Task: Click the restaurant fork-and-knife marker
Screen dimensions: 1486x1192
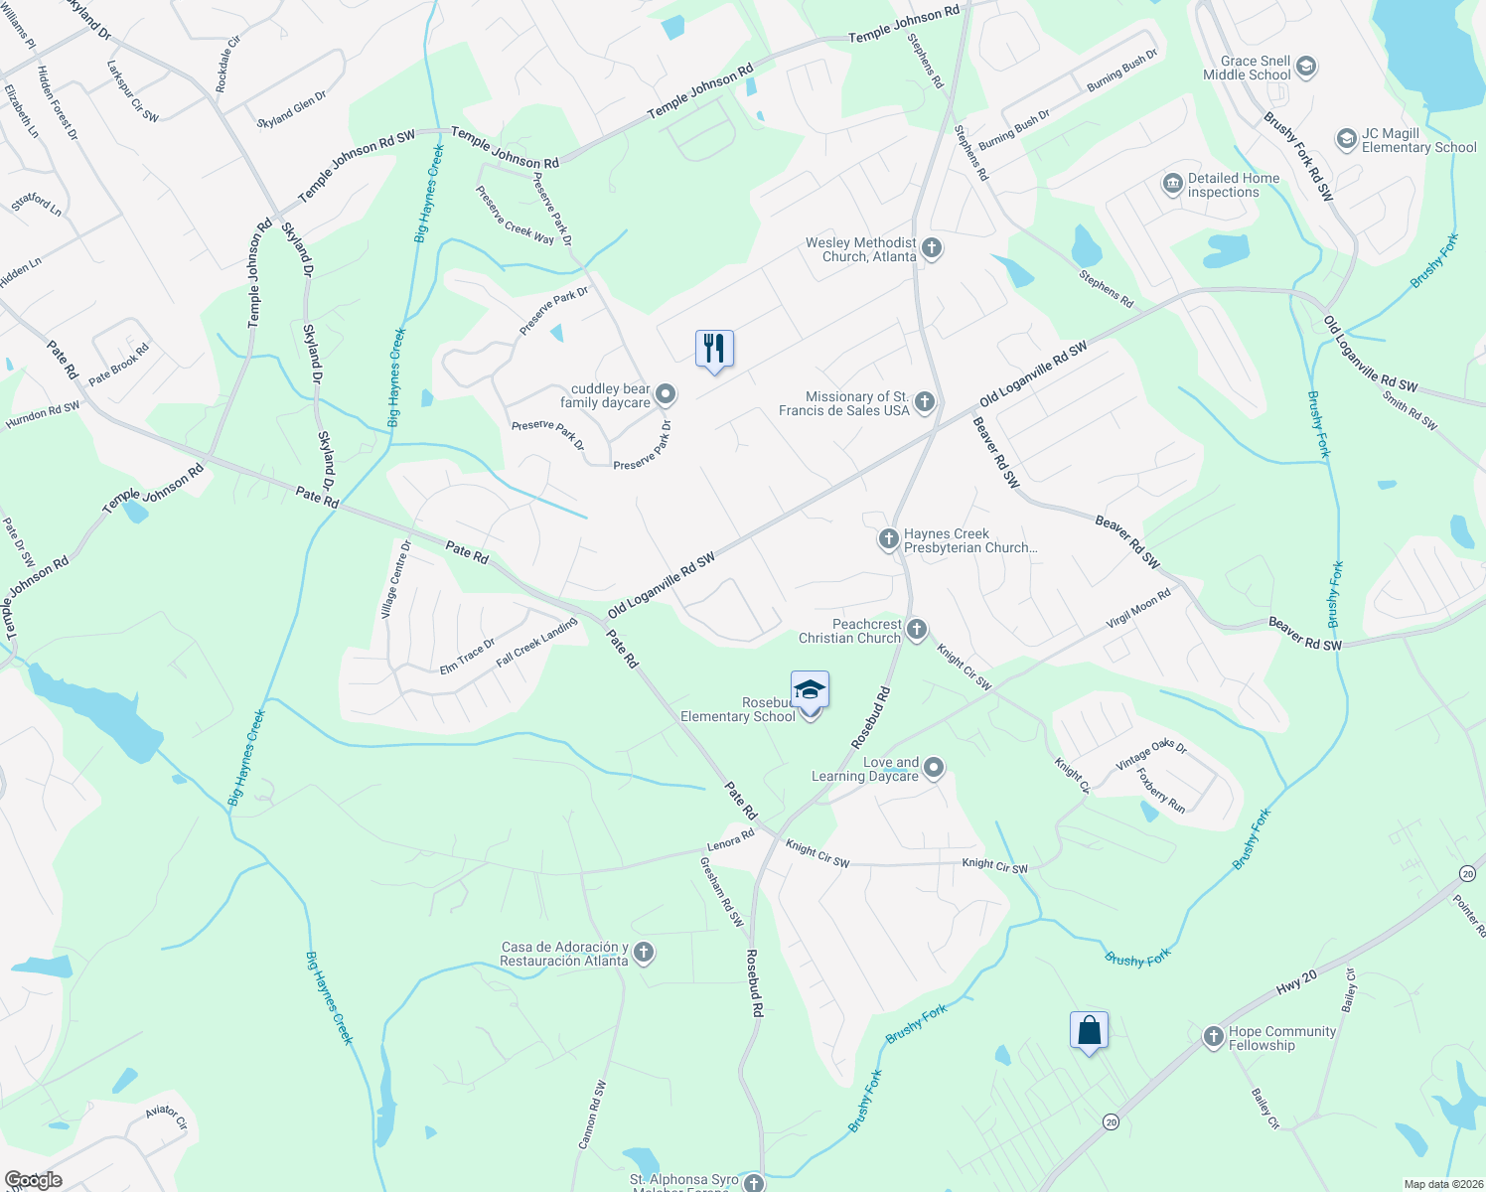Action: tap(714, 349)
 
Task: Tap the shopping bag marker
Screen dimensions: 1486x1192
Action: tap(1089, 1030)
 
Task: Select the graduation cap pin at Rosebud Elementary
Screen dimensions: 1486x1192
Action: tap(810, 689)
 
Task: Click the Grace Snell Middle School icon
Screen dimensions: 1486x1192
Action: tap(1306, 68)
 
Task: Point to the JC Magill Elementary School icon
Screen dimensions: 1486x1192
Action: tap(1346, 139)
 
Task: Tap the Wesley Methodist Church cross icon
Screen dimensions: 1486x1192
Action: tap(931, 248)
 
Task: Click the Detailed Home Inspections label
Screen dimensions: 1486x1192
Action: tap(1234, 185)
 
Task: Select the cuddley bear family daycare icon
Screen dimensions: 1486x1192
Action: tap(666, 395)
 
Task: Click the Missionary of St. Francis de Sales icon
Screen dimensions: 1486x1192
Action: tap(925, 402)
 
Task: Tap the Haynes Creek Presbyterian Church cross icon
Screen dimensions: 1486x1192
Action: tap(888, 539)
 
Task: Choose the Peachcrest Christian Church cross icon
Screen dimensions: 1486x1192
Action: tap(917, 629)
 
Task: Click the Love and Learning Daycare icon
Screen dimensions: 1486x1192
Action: tap(933, 768)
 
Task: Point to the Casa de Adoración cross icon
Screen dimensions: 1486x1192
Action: tap(644, 953)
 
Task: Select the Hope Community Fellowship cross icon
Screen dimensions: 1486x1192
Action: tap(1213, 1037)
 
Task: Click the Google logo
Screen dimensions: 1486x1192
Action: tap(34, 1179)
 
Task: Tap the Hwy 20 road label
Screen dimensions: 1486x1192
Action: tap(1296, 983)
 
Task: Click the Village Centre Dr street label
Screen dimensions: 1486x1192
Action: tap(395, 580)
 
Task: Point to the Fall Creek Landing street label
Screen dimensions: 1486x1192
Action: tap(536, 642)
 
